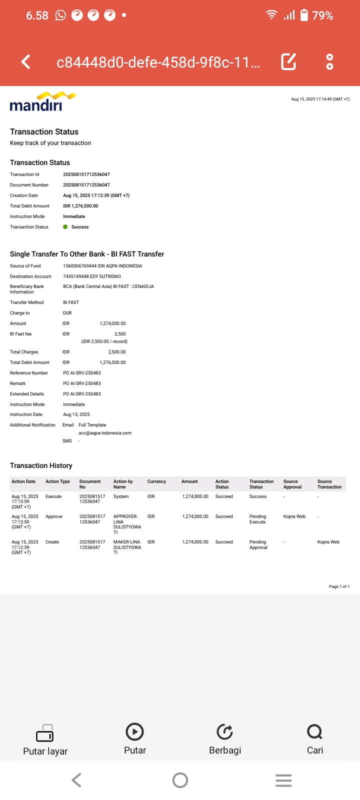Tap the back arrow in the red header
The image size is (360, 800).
[26, 62]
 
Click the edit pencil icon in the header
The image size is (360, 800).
[288, 61]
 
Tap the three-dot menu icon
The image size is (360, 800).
[329, 61]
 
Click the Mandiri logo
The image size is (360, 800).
[42, 101]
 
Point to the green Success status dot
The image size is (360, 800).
[65, 227]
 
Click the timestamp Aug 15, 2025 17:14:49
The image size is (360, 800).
[320, 99]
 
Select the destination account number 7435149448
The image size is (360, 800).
[76, 276]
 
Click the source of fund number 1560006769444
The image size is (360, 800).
[80, 266]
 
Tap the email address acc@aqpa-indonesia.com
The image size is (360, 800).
[105, 433]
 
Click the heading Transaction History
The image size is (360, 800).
[41, 465]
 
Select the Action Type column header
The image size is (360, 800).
[57, 481]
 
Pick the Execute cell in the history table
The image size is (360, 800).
[53, 496]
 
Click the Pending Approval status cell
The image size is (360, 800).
[258, 544]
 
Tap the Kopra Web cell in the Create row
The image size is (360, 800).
[328, 542]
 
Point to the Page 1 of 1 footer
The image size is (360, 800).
[339, 586]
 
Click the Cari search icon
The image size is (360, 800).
[314, 732]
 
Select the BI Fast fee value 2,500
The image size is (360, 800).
[120, 334]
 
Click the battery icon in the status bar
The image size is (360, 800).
[304, 15]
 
